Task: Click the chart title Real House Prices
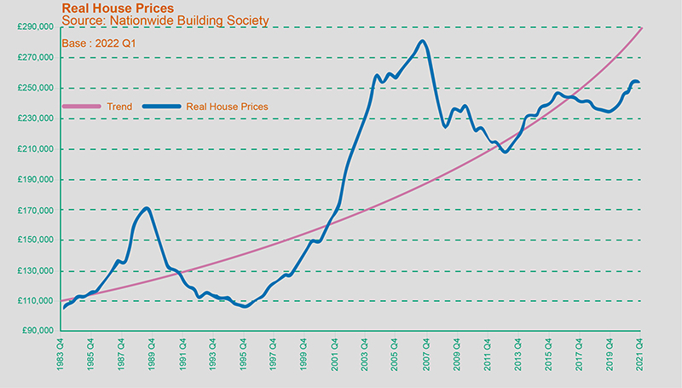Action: pyautogui.click(x=118, y=8)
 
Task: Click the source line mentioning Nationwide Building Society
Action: pyautogui.click(x=165, y=20)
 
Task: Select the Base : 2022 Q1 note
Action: pyautogui.click(x=101, y=42)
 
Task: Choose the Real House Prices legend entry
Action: pyautogui.click(x=227, y=107)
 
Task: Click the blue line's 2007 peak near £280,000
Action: pyautogui.click(x=423, y=41)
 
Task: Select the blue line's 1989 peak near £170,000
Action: pyautogui.click(x=147, y=208)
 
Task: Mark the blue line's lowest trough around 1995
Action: pyautogui.click(x=245, y=305)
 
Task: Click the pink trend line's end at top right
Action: pyautogui.click(x=641, y=28)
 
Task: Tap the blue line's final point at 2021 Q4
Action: pyautogui.click(x=639, y=82)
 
